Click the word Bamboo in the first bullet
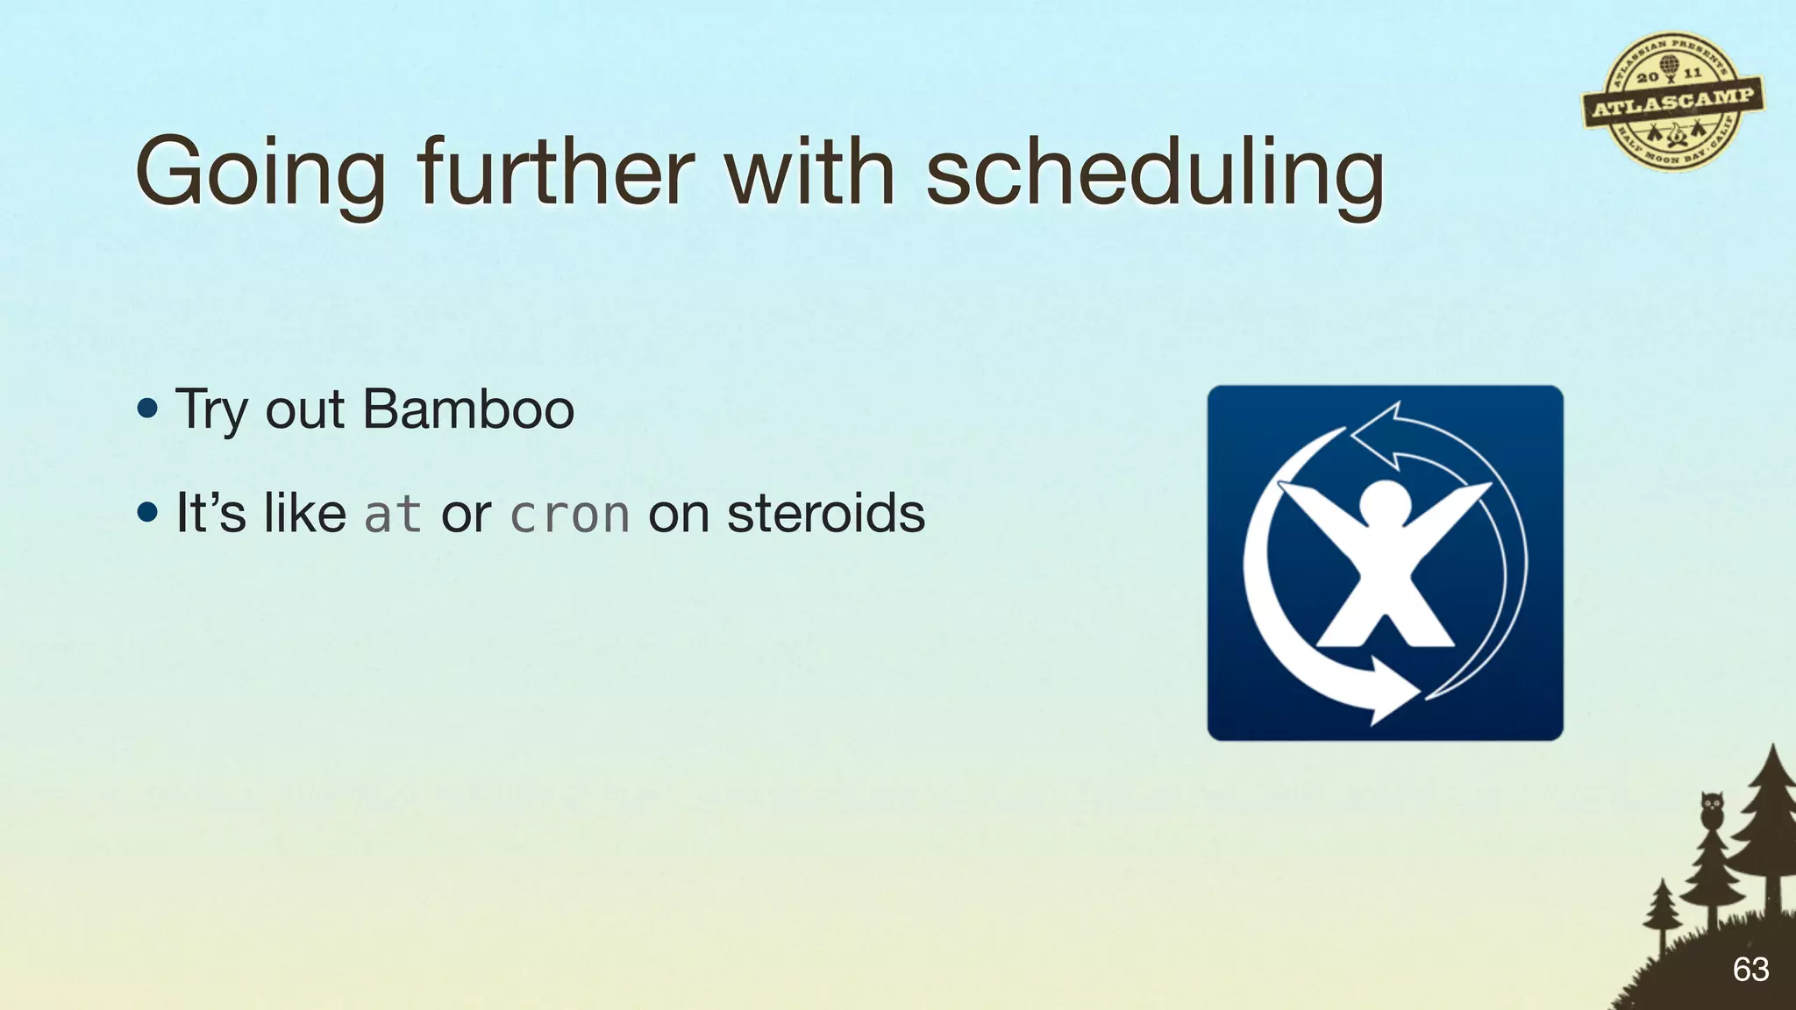(468, 409)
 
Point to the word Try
(211, 411)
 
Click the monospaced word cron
(569, 515)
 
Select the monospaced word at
(392, 515)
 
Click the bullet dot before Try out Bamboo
(148, 409)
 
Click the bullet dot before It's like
(148, 513)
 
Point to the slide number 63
(1750, 970)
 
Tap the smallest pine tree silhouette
(1661, 912)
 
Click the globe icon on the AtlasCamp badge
(1669, 64)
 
